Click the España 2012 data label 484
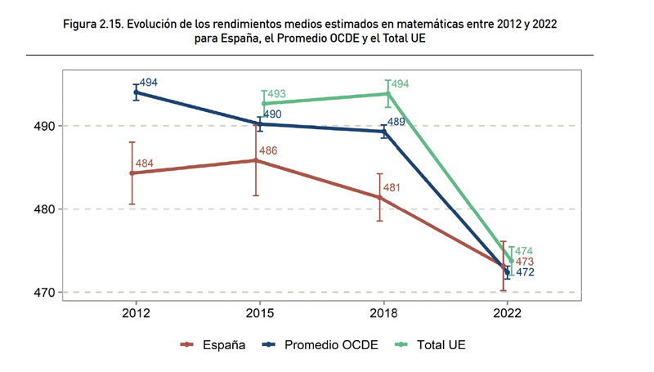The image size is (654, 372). (145, 164)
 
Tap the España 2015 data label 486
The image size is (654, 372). (269, 151)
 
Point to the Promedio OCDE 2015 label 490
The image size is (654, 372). (272, 114)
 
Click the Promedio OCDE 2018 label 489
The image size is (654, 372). (396, 122)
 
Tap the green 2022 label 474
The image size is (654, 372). (524, 251)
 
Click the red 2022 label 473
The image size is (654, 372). (524, 262)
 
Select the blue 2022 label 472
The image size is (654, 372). (524, 272)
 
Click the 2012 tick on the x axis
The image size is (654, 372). (136, 311)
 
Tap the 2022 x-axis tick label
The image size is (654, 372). (507, 311)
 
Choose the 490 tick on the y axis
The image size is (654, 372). (44, 127)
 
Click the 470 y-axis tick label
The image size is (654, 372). (44, 293)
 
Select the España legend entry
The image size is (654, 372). (214, 345)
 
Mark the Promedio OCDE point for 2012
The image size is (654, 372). (136, 92)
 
